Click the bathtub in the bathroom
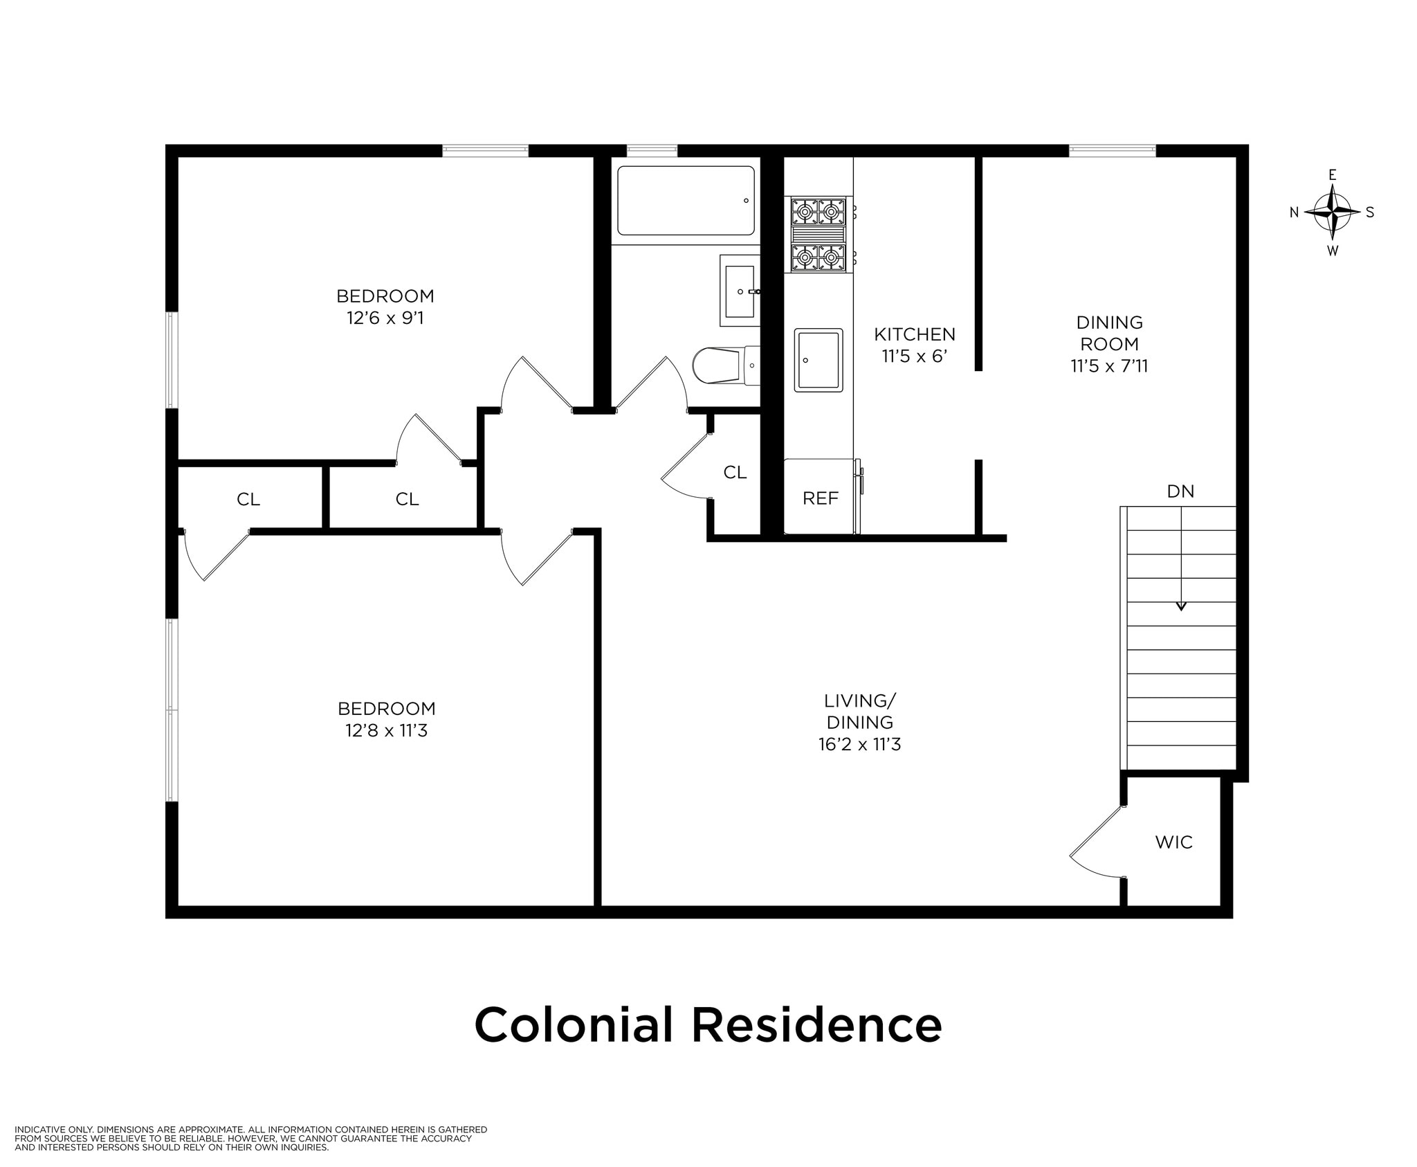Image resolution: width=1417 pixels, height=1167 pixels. click(x=686, y=201)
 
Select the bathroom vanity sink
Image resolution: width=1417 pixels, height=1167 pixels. click(x=740, y=291)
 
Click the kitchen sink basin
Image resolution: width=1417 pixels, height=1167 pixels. click(x=819, y=360)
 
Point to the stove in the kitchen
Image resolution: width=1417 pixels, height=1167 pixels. click(x=819, y=234)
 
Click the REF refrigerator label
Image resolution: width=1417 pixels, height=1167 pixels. click(x=821, y=498)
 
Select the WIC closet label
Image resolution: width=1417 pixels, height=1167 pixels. click(x=1174, y=842)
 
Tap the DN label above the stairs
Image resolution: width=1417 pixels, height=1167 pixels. click(x=1180, y=491)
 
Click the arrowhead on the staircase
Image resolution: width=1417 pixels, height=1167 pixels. click(x=1181, y=606)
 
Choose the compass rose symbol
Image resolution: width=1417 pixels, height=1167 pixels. click(x=1332, y=212)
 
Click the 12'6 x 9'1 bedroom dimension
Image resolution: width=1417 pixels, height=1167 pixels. click(x=385, y=318)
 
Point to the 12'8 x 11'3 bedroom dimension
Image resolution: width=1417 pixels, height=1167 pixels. click(x=387, y=731)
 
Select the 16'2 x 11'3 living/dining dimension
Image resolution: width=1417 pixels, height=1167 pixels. click(x=859, y=745)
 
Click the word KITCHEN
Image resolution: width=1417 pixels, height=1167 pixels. click(x=915, y=335)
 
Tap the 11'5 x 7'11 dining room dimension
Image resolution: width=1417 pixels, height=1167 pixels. click(x=1109, y=366)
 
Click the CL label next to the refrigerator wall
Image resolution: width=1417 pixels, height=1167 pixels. click(x=735, y=472)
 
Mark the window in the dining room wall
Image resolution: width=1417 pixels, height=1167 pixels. click(x=1112, y=150)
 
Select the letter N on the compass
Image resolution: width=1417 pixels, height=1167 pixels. click(x=1294, y=213)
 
